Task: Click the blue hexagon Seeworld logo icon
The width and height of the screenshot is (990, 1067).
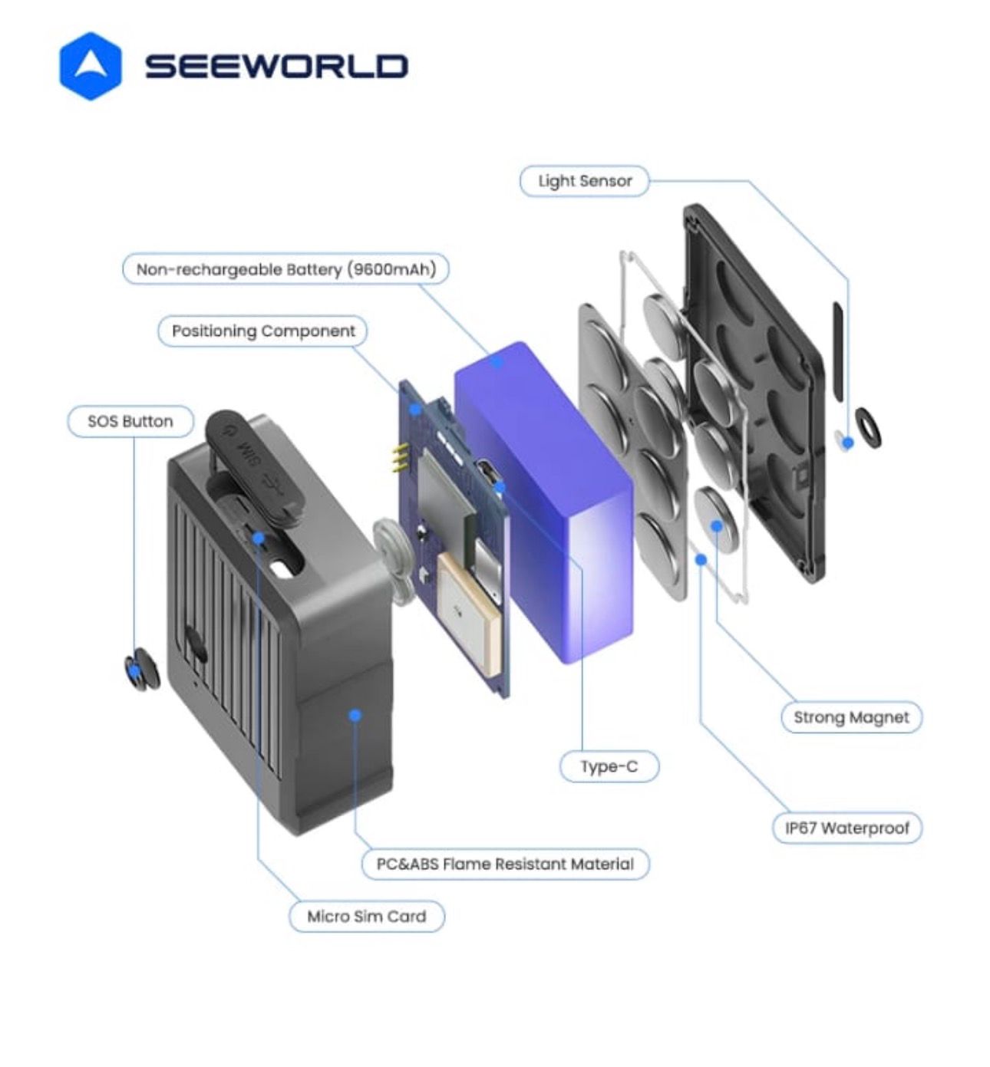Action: tap(90, 66)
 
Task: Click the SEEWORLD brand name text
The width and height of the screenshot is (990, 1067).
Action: tap(276, 66)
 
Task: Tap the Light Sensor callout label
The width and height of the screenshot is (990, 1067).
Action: tap(585, 181)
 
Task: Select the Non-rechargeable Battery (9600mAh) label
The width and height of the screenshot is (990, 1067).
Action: tap(285, 269)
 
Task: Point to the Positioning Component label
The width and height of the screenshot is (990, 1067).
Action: tap(262, 331)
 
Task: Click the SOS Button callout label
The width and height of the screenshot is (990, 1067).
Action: tap(130, 421)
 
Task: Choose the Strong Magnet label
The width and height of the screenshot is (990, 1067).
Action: tap(851, 717)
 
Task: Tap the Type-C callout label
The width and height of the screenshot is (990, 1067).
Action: tap(609, 766)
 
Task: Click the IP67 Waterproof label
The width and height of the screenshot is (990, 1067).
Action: tap(846, 828)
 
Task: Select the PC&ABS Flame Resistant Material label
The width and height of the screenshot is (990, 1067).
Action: tap(505, 864)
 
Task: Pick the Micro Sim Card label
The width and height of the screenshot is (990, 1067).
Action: tap(366, 916)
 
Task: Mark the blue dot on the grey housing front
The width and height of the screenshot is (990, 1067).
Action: tap(355, 715)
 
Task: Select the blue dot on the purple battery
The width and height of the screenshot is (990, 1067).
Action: tap(499, 361)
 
